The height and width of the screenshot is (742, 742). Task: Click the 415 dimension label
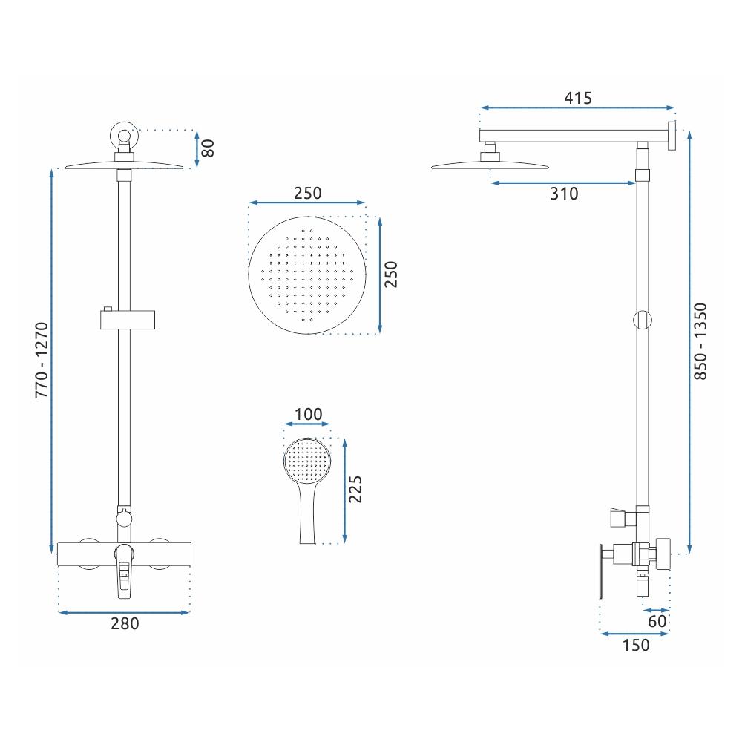[x=577, y=98]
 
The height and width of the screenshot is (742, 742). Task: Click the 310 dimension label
[x=563, y=194]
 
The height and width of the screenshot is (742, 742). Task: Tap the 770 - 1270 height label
[x=42, y=360]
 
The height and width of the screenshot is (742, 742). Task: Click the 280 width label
[x=125, y=624]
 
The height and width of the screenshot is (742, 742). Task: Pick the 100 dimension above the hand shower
[x=308, y=414]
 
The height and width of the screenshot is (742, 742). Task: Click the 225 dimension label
[x=355, y=490]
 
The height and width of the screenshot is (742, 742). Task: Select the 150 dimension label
[x=634, y=645]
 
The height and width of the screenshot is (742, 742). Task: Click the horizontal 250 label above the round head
[x=306, y=193]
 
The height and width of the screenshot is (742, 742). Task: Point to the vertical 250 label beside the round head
[x=392, y=275]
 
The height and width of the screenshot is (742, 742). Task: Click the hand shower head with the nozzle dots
[x=307, y=459]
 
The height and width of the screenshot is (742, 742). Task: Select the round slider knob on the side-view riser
[x=643, y=321]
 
